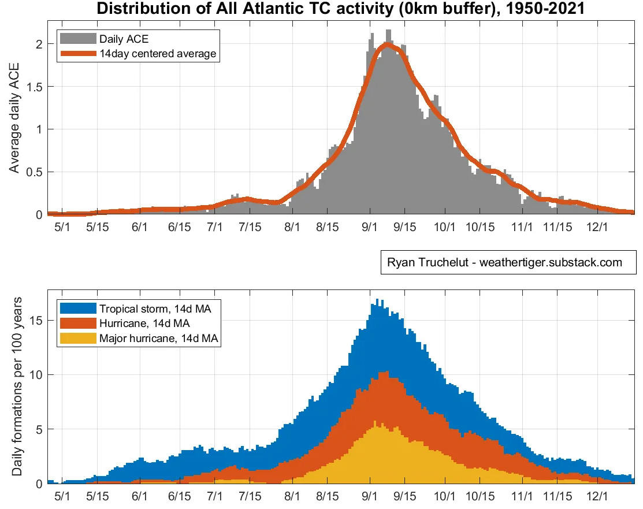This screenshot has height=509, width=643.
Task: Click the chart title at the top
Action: [341, 9]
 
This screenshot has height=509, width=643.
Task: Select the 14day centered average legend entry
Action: [157, 54]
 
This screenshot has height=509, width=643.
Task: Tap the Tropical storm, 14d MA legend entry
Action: [155, 309]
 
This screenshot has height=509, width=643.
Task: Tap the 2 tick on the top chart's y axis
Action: [38, 44]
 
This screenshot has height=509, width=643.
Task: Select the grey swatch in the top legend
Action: [77, 39]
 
